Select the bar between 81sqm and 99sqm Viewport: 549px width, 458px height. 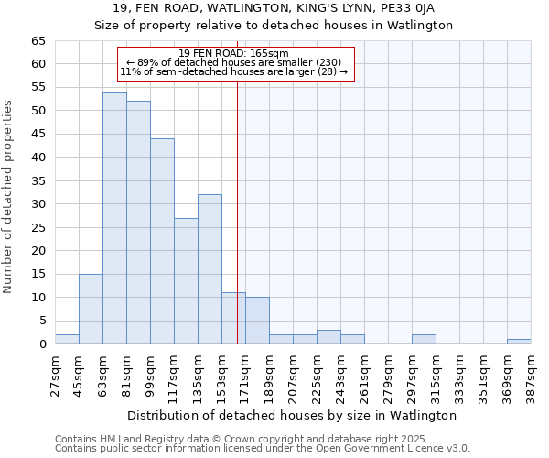pyautogui.click(x=138, y=223)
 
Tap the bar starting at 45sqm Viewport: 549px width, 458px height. pyautogui.click(x=91, y=309)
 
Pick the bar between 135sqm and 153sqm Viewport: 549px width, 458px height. pyautogui.click(x=210, y=269)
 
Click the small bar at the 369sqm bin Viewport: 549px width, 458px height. pyautogui.click(x=519, y=342)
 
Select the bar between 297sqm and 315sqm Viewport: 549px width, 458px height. pyautogui.click(x=424, y=339)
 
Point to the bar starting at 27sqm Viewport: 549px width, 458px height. pyautogui.click(x=67, y=339)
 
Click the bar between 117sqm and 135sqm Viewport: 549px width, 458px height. pyautogui.click(x=186, y=281)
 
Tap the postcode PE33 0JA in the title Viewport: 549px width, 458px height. pyautogui.click(x=409, y=8)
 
